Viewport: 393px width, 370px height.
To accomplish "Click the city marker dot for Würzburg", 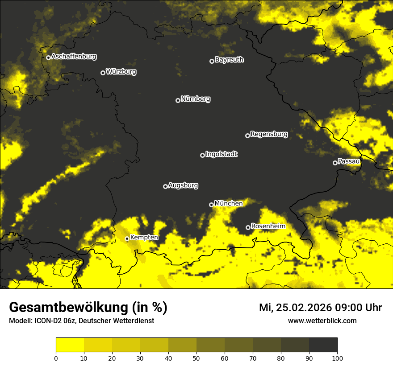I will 103,73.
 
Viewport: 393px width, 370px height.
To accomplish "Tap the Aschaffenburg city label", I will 74,57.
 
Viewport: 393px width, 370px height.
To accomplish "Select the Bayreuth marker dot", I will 212,61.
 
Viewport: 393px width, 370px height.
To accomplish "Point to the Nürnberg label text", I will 196,99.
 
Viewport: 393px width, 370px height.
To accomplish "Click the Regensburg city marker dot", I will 247,136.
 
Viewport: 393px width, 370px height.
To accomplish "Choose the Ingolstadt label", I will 222,154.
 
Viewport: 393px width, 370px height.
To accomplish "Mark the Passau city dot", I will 335,163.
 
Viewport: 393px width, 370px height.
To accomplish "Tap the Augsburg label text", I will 183,185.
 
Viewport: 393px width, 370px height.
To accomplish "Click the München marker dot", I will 211,205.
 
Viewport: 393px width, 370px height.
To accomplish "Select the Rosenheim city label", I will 268,226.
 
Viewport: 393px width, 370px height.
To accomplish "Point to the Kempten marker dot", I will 127,238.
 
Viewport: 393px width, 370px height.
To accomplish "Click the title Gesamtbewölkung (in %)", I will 88,308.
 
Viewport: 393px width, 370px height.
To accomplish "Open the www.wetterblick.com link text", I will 322,321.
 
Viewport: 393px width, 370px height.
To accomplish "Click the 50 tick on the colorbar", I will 196,358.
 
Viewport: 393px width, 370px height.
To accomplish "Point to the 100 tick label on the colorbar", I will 337,358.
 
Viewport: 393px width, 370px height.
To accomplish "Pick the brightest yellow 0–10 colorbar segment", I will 70,345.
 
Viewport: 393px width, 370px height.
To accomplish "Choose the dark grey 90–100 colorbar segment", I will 323,345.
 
